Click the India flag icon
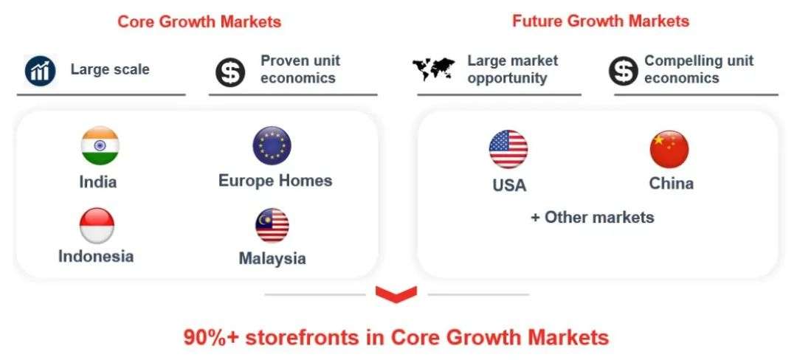click(100, 146)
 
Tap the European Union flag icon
click(272, 145)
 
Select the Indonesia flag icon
click(97, 226)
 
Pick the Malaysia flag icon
click(272, 226)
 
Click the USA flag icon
click(508, 149)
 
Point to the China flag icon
click(669, 149)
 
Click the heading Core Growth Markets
click(199, 22)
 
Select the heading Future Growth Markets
click(601, 21)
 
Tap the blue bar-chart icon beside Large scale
click(40, 72)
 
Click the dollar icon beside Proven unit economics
click(230, 72)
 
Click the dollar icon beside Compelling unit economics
click(624, 72)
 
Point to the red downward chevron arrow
click(396, 294)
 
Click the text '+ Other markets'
click(593, 218)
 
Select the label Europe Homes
click(275, 181)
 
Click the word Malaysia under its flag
click(272, 258)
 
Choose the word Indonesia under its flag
click(96, 256)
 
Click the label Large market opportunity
click(512, 69)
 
